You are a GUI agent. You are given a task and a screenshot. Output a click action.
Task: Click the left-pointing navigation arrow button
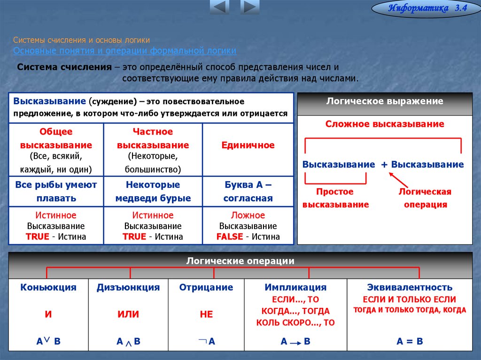pyautogui.click(x=219, y=7)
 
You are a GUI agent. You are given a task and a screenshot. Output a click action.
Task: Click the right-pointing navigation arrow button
pyautogui.click(x=250, y=7)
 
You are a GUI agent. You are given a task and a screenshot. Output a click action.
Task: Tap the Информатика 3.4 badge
pyautogui.click(x=426, y=8)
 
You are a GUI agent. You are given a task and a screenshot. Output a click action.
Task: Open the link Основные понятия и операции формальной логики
pyautogui.click(x=124, y=50)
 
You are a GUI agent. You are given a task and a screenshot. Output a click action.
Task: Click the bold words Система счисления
pyautogui.click(x=64, y=67)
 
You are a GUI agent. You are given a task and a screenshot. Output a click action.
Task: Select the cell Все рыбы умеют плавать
pyautogui.click(x=56, y=191)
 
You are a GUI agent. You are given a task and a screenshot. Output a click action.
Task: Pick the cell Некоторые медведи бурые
pyautogui.click(x=153, y=191)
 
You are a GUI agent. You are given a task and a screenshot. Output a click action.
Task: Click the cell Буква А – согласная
pyautogui.click(x=248, y=191)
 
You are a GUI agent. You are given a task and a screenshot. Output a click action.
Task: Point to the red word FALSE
pyautogui.click(x=229, y=237)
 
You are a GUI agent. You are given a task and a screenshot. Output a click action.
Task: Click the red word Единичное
pyautogui.click(x=248, y=145)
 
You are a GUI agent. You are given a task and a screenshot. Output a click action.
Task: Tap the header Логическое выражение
pyautogui.click(x=385, y=101)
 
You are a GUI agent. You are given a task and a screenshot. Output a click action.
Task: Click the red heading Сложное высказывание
pyautogui.click(x=385, y=124)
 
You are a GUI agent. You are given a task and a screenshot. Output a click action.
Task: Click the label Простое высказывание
pyautogui.click(x=335, y=198)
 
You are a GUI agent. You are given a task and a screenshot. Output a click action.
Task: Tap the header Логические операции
pyautogui.click(x=240, y=261)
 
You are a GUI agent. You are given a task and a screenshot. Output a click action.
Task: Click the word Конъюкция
pyautogui.click(x=48, y=287)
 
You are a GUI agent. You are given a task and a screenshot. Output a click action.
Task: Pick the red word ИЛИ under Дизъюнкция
pyautogui.click(x=128, y=314)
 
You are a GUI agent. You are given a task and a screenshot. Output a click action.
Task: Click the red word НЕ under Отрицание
pyautogui.click(x=206, y=314)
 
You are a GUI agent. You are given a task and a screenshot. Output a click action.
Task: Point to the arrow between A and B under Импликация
pyautogui.click(x=295, y=343)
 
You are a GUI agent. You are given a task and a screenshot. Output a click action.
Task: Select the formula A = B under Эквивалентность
pyautogui.click(x=410, y=341)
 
